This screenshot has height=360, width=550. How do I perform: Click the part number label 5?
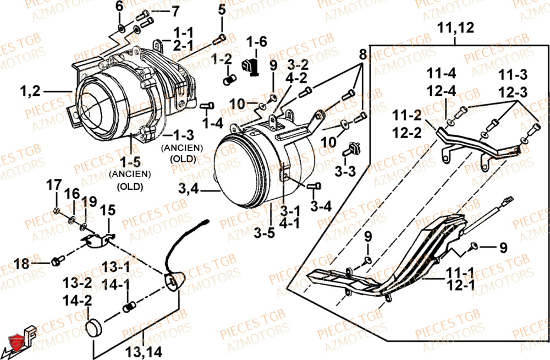tap(222, 9)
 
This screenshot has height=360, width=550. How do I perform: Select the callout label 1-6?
tap(256, 41)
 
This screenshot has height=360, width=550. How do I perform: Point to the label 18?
tap(21, 264)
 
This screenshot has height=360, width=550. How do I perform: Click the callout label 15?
tap(108, 210)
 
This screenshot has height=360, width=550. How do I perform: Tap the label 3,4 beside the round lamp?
tap(189, 190)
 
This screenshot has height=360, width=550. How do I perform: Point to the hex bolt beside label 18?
tap(56, 260)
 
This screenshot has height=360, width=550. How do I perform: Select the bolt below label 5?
tap(219, 38)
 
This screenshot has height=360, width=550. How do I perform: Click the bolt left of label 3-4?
tap(315, 186)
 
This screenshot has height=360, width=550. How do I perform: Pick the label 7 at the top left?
tap(175, 11)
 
